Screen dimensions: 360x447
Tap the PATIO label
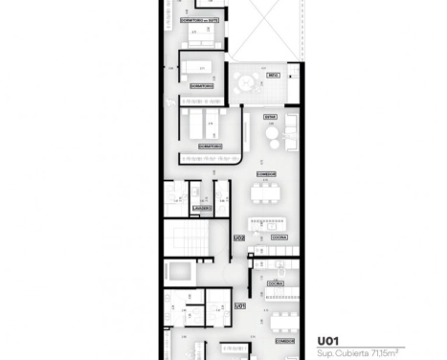273,75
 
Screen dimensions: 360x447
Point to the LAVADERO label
200,208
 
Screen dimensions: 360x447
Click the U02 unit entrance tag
239,236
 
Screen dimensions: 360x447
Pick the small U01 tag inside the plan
239,305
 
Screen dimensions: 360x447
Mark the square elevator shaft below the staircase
181,272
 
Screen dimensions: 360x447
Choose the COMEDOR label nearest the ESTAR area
268,173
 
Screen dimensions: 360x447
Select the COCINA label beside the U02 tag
279,236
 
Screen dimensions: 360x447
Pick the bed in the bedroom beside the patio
202,69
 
